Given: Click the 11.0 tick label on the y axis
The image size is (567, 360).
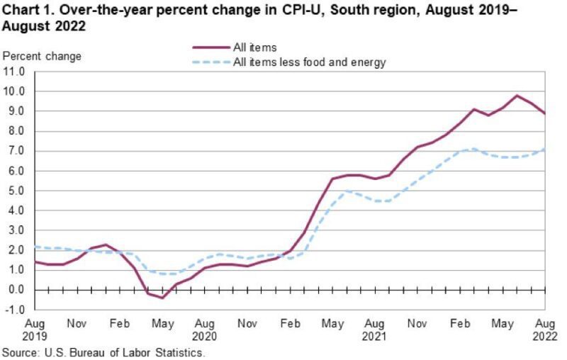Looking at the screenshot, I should [14, 72].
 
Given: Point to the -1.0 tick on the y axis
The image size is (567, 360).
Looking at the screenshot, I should [16, 310].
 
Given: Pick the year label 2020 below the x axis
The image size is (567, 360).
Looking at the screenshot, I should [204, 337].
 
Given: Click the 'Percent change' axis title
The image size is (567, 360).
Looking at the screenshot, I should [42, 56].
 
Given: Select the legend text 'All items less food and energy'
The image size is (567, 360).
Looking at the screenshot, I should [310, 62].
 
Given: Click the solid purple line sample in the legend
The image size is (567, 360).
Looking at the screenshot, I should [210, 47].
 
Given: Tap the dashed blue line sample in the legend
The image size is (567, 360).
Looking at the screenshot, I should [210, 62].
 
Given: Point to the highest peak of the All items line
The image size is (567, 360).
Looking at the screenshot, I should [517, 96].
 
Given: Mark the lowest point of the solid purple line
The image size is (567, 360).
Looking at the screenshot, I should [162, 298].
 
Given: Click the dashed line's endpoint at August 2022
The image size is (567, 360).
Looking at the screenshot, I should [544, 149].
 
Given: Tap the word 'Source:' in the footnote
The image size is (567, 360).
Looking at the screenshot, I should [21, 352].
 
